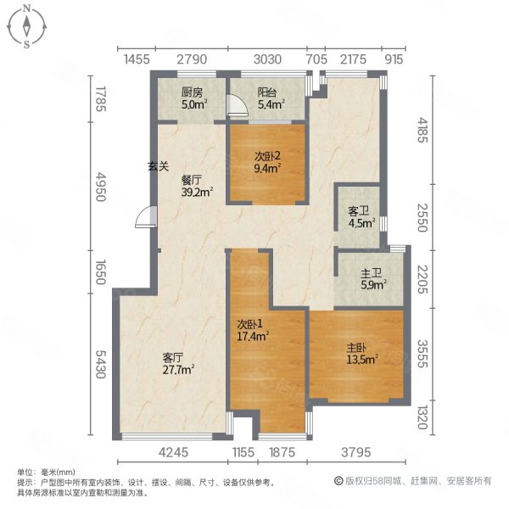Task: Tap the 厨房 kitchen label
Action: (192, 92)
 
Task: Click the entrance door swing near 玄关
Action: (146, 220)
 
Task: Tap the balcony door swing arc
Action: (239, 105)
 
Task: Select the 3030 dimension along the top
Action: (266, 59)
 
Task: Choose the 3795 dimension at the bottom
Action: (355, 453)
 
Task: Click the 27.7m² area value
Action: (179, 370)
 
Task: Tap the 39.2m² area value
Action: (196, 193)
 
